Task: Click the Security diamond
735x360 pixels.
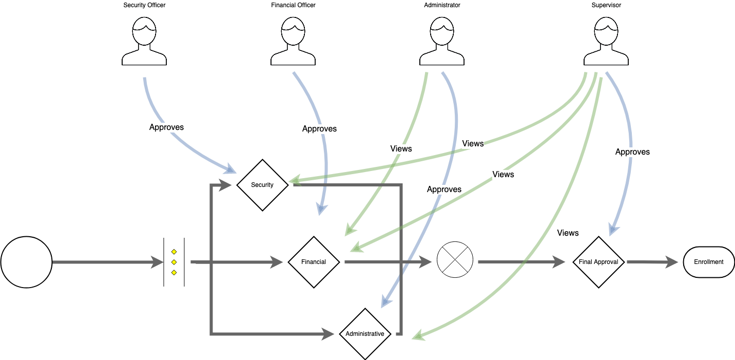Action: [262, 185]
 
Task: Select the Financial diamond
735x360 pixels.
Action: [314, 262]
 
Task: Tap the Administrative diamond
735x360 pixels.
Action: [365, 334]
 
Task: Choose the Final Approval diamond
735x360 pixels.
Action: [598, 262]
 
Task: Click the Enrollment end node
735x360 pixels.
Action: [709, 262]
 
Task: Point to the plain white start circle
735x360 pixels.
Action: [27, 262]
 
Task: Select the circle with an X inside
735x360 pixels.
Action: [455, 259]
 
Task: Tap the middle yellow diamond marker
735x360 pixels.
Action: [174, 262]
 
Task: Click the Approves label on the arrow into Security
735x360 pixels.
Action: [166, 127]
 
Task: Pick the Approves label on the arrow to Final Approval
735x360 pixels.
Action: [632, 152]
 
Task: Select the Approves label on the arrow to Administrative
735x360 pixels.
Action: [444, 190]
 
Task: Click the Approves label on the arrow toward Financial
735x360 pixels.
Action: [319, 129]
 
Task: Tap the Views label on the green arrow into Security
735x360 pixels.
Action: [473, 144]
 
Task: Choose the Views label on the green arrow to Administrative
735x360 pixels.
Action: [568, 233]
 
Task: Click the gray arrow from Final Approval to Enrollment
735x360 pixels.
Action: [652, 262]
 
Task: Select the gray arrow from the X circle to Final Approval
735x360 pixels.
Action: [521, 262]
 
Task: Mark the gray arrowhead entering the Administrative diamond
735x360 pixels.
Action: [329, 334]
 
